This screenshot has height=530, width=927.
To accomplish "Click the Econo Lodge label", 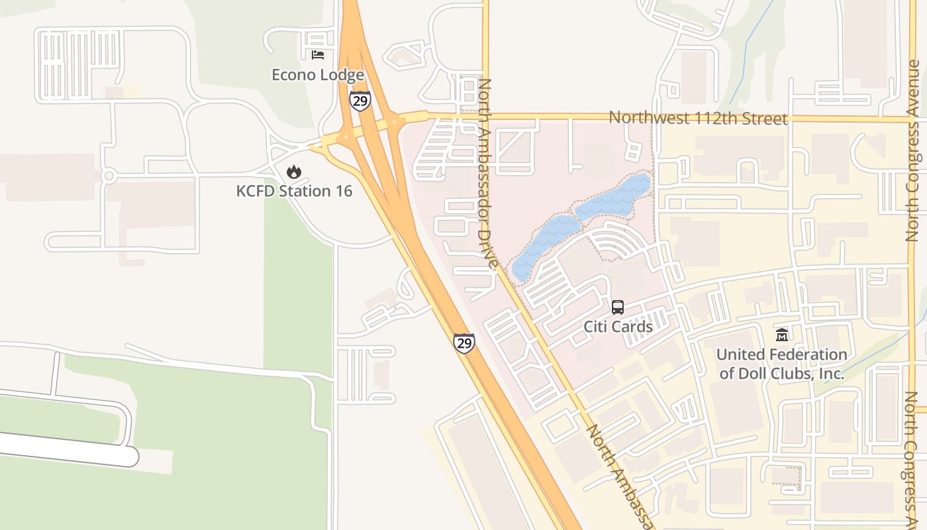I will tap(318, 75).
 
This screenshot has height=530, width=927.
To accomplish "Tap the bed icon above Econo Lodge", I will tap(318, 54).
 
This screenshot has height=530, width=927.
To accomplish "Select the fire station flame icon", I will tap(293, 172).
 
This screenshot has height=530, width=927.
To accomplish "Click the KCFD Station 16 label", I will tap(294, 191).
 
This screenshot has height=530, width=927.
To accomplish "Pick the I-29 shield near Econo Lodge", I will tap(360, 100).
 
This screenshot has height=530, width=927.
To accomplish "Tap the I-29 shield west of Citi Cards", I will tap(464, 343).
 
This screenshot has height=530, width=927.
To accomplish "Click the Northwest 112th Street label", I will tap(698, 118).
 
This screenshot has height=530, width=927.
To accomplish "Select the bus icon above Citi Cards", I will tap(618, 307).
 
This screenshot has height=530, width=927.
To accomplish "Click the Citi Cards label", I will tap(618, 327).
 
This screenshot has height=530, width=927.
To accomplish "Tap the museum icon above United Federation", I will tap(782, 335).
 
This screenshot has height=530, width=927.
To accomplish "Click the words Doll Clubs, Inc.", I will tap(781, 374).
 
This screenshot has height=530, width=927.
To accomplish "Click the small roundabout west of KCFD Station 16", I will tap(109, 176).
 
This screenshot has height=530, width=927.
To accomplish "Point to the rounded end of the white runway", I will tap(130, 456).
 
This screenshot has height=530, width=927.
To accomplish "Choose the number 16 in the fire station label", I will tap(342, 191).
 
